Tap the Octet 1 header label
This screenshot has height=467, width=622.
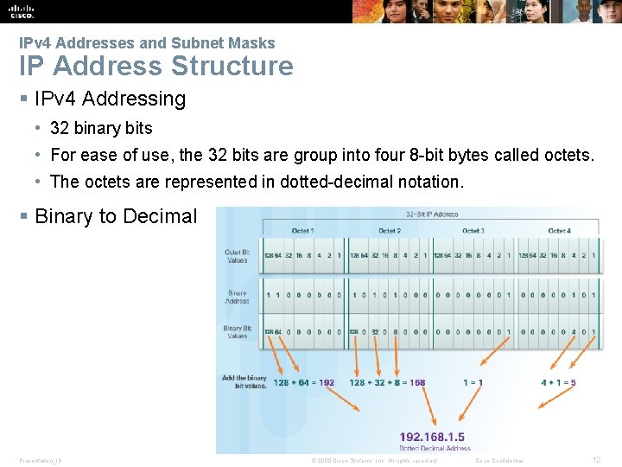point(303,231)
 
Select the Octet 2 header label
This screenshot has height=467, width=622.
point(389,231)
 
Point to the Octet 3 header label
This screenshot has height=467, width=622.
point(473,231)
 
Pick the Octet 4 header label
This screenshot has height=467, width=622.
point(558,231)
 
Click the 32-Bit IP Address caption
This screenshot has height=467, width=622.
point(432,214)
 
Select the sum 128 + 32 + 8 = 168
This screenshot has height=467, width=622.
point(387,383)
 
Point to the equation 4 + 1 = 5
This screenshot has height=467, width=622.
point(558,383)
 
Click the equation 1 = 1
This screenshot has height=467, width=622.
point(473,383)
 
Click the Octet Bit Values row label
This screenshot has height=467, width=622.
point(237,256)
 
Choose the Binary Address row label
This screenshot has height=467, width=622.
point(238,297)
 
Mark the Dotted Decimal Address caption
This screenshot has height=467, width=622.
point(435,448)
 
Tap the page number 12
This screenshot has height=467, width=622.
point(596,460)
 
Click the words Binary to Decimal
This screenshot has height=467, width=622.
point(116,217)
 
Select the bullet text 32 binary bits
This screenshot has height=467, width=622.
point(101,129)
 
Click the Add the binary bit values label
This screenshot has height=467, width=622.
point(244,381)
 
